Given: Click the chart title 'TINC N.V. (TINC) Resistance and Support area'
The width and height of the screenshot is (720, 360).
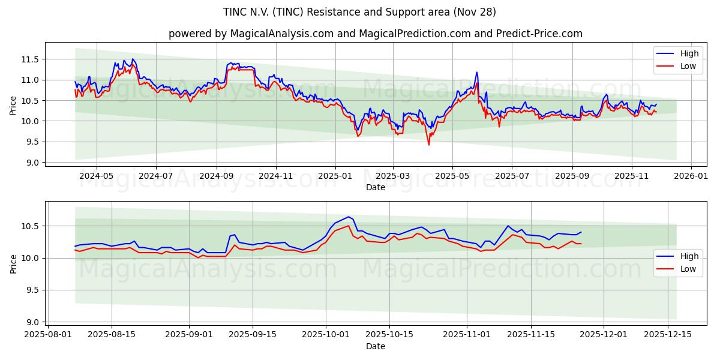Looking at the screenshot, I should coord(360,12).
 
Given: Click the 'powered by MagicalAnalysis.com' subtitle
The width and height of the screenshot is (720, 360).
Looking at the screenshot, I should coord(375,34).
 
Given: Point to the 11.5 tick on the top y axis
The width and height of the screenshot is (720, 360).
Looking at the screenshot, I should coord(31,59).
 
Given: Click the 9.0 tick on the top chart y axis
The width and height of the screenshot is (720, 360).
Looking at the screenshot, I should coord(33,163).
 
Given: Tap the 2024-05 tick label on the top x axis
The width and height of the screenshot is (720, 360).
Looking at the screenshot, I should coord(97,176).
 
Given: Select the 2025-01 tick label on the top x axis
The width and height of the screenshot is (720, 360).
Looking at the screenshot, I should coord(335,176).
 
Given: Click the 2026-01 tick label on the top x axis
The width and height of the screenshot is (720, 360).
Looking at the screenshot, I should coord(691,176).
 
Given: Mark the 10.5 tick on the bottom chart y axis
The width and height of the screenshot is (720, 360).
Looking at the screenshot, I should coord(31,226).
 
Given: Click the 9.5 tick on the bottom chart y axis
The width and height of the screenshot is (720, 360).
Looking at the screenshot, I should coord(33,290).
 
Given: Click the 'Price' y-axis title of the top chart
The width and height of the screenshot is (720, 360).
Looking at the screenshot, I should coord(13,104).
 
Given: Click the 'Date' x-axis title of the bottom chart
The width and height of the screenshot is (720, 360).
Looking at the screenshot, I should coord(375,346).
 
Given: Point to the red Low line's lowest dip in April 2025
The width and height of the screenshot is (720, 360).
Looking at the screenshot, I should coord(428,145).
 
